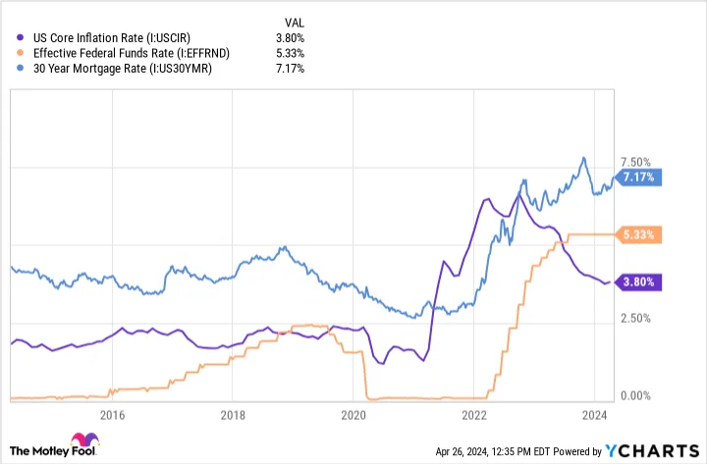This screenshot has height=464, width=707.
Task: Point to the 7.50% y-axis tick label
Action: [x=635, y=163]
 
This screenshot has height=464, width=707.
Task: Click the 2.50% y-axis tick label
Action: [x=635, y=319]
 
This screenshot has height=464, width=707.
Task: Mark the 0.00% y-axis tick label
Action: [x=635, y=395]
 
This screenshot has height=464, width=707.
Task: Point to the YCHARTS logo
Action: [x=652, y=451]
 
